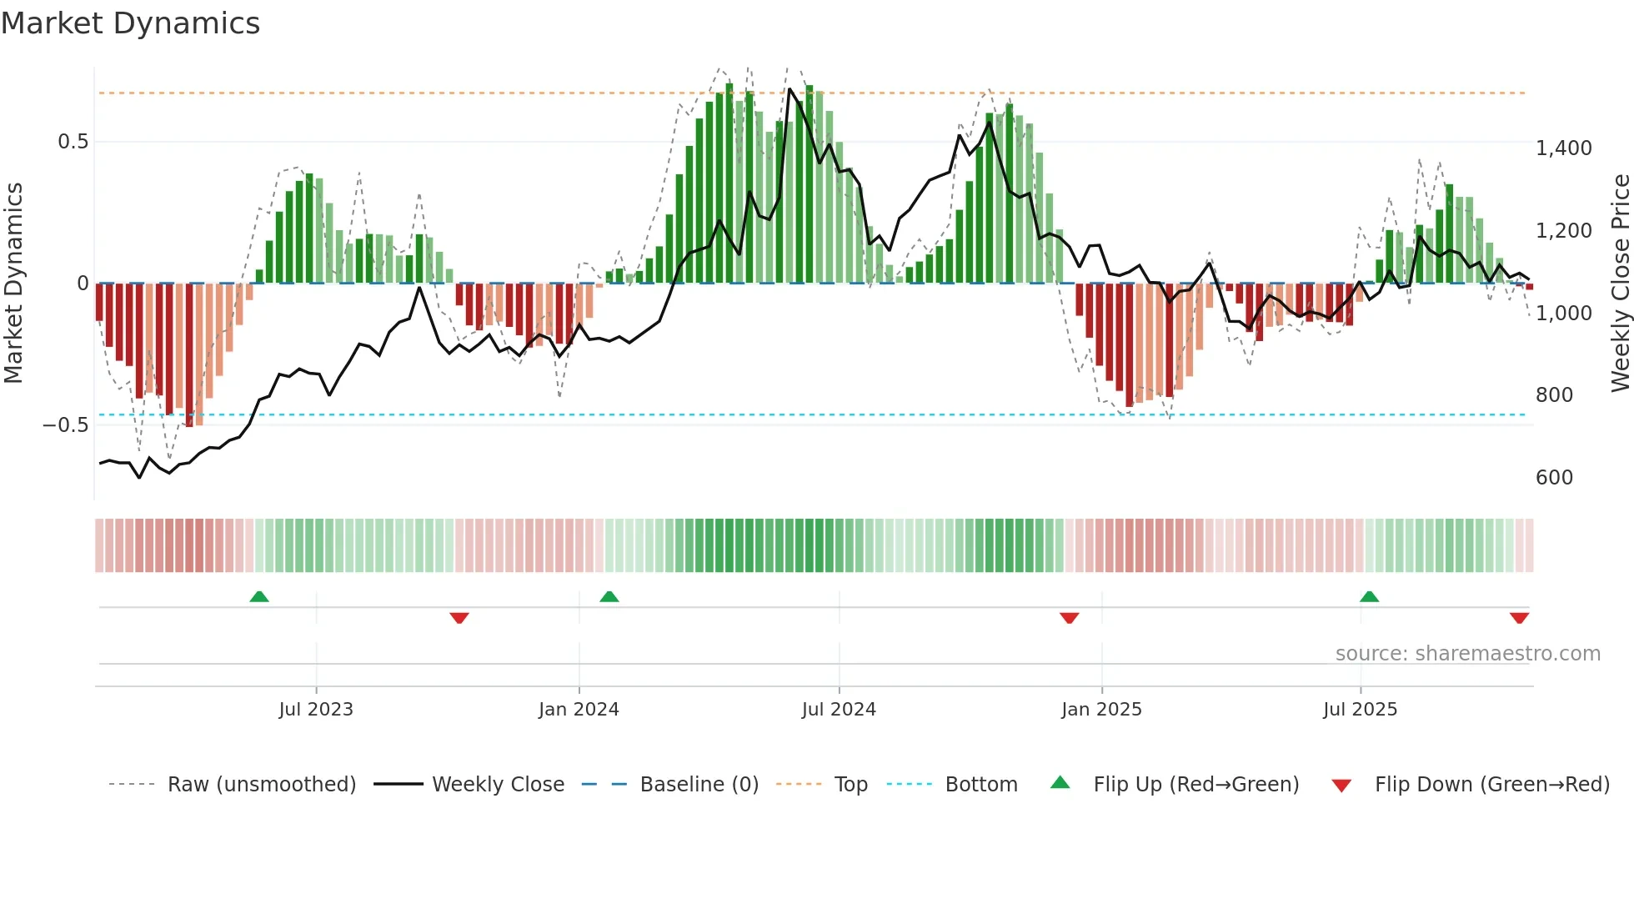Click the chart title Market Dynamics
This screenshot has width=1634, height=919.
click(131, 23)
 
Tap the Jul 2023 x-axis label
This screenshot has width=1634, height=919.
click(316, 710)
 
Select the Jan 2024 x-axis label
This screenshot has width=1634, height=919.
click(579, 710)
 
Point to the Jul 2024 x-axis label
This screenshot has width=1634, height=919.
click(839, 710)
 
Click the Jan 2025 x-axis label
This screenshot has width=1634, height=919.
click(1101, 710)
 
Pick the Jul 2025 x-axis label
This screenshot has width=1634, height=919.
click(1360, 710)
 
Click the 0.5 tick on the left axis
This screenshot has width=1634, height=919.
click(73, 142)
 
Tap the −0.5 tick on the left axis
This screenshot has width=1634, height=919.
click(66, 425)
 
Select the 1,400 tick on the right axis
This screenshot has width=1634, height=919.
click(1564, 148)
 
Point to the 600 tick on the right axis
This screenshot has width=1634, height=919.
click(1555, 478)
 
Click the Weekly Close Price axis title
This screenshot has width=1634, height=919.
click(1620, 284)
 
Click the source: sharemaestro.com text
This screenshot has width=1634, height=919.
click(1467, 654)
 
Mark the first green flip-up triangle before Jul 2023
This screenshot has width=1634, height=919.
click(259, 596)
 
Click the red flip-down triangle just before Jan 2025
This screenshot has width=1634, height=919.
click(1070, 618)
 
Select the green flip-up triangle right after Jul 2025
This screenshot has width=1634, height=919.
click(1369, 596)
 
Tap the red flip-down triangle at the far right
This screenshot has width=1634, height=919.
click(1519, 618)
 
